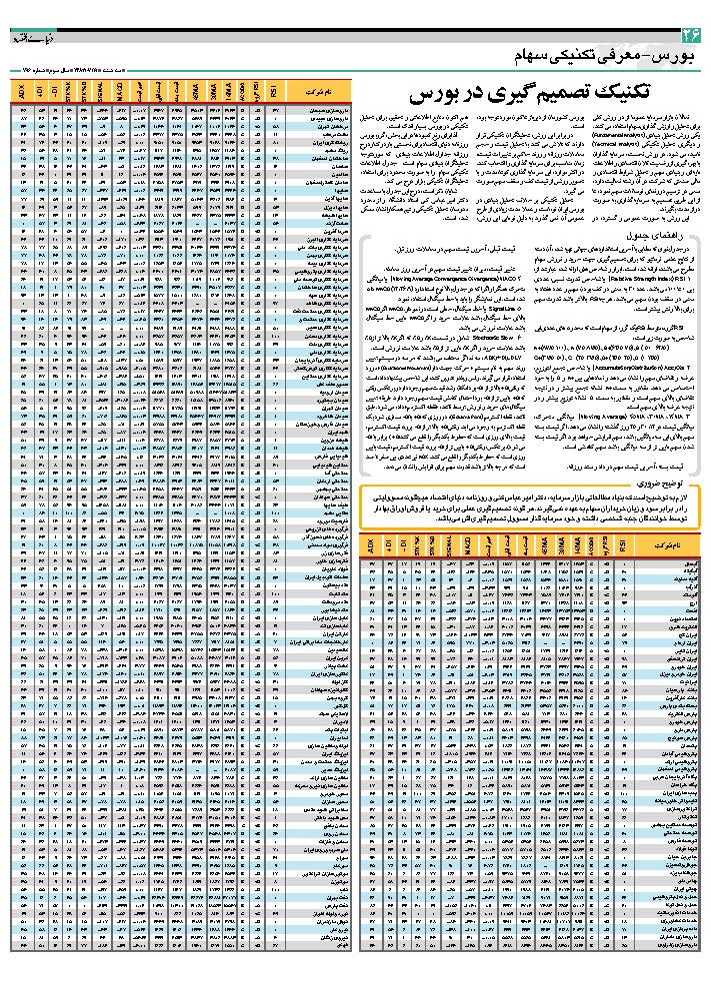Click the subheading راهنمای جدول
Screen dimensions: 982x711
point(651,233)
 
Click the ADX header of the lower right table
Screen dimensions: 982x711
point(372,548)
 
